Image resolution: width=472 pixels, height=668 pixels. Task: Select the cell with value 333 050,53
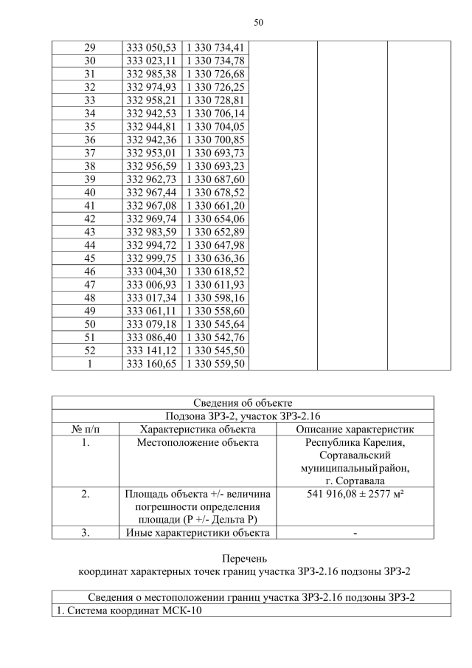pos(151,47)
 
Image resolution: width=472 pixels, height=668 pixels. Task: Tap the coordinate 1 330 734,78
pos(215,60)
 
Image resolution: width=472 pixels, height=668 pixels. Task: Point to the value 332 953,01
pos(151,152)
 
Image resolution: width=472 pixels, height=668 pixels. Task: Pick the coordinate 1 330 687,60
pos(215,179)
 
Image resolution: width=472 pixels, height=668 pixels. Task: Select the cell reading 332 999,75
pos(151,258)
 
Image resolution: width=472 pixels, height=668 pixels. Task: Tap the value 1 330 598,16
pos(215,297)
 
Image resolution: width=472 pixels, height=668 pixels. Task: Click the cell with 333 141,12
pos(151,350)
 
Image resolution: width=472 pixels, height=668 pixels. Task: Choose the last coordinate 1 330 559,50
pos(215,363)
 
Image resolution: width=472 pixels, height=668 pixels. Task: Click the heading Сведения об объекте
pos(243,402)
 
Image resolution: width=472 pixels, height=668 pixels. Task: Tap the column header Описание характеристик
pos(354,429)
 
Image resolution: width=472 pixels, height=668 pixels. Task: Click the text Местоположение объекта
pos(198,442)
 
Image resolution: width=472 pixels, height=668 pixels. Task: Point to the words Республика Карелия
pos(354,442)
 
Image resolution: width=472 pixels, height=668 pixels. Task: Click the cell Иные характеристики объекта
pos(198,533)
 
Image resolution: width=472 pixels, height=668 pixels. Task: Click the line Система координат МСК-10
pos(128,610)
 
